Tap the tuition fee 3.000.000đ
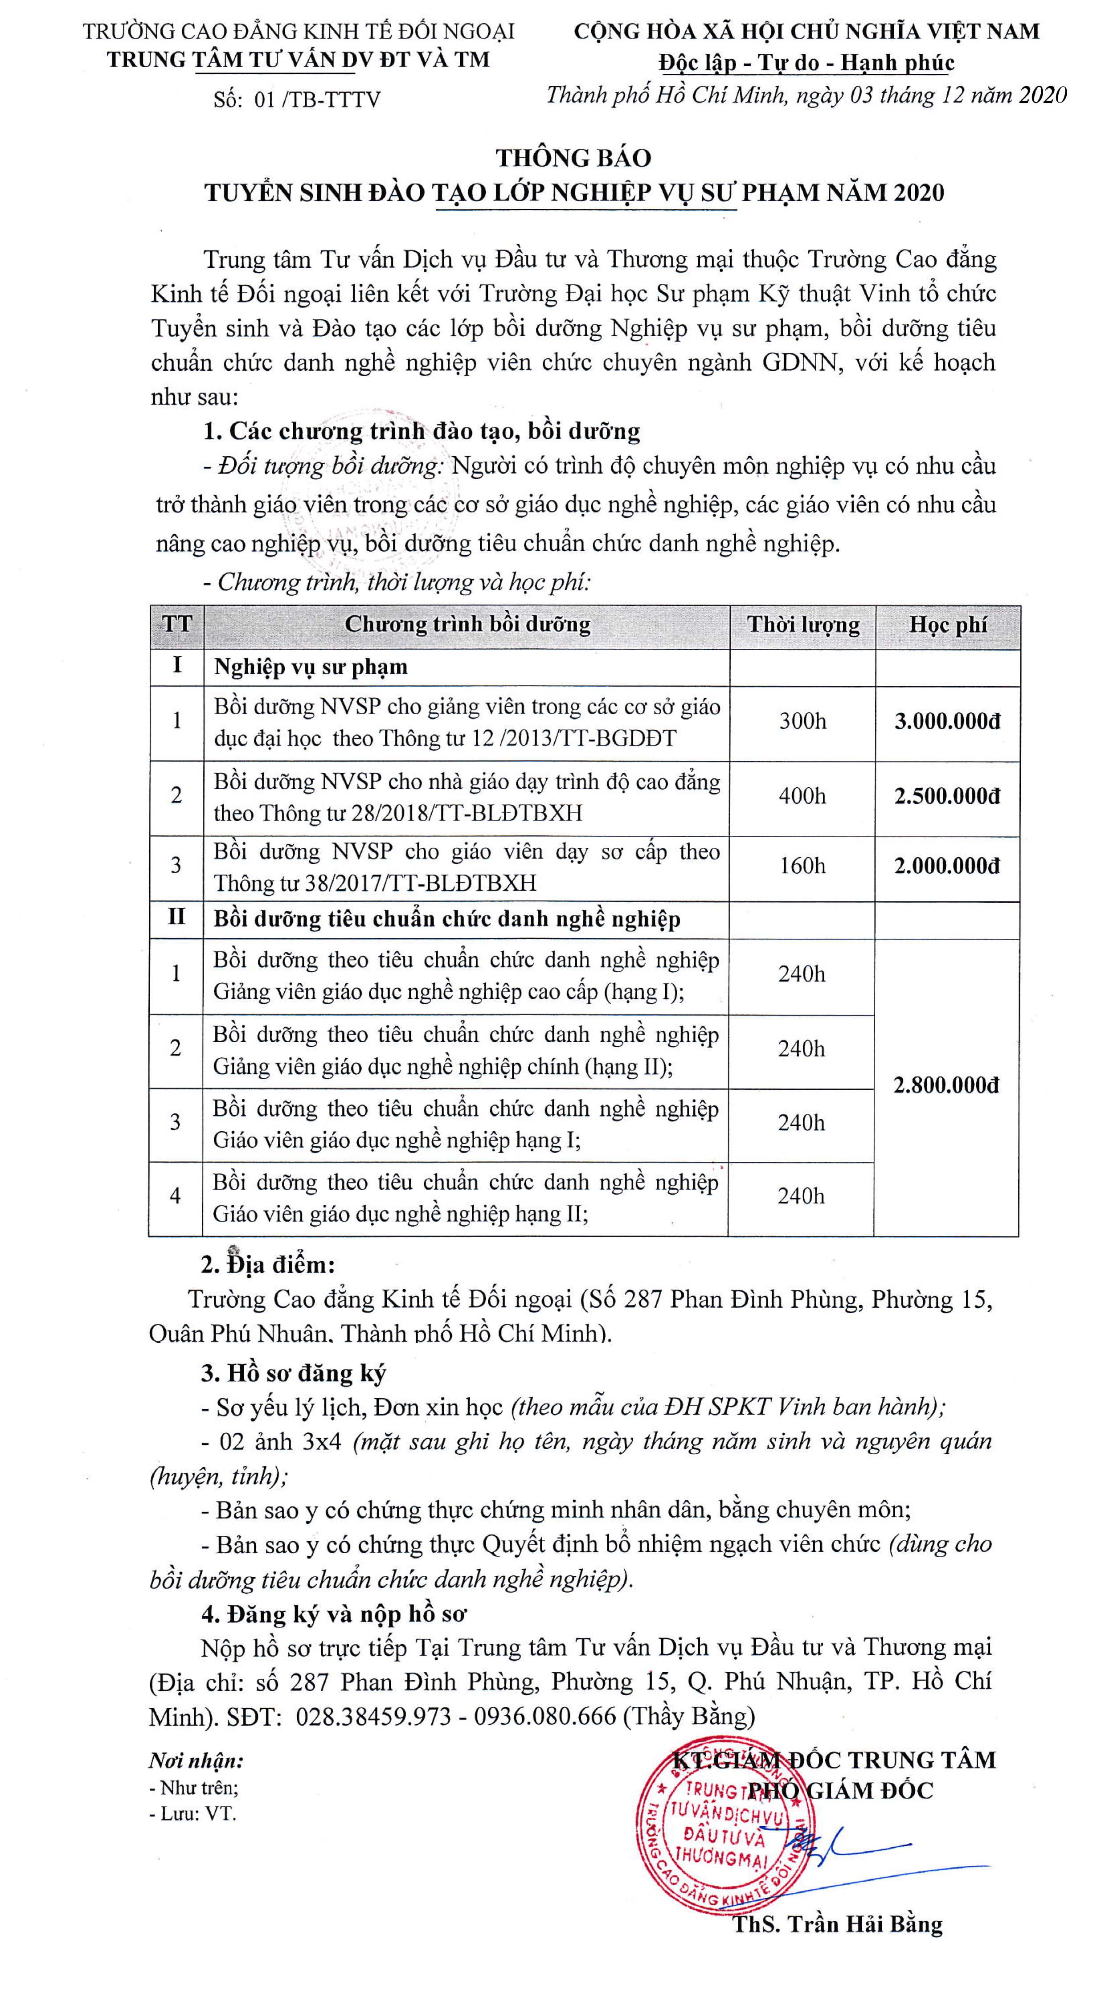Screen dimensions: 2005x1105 tap(947, 721)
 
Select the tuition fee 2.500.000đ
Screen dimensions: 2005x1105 tap(947, 796)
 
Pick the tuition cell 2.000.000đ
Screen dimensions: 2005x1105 tap(947, 866)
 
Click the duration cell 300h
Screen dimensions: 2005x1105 tap(802, 721)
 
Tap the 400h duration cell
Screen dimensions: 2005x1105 tap(802, 796)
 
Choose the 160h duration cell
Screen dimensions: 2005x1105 tap(802, 866)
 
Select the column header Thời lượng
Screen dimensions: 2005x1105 tap(803, 625)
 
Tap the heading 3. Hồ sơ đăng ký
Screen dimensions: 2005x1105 tap(293, 1374)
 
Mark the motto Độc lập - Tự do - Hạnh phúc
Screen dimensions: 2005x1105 tap(806, 62)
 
